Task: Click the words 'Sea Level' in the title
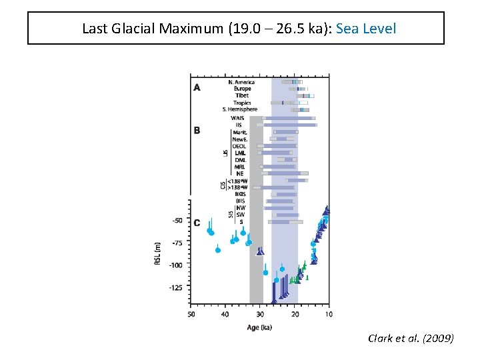366,29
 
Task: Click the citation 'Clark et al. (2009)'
410,339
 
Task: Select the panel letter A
197,87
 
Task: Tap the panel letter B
197,131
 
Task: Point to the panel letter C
197,223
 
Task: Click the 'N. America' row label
241,82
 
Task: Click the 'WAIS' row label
237,118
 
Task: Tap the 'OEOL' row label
239,146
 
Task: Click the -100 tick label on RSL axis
175,265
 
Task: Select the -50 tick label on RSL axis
177,220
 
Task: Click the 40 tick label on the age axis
225,314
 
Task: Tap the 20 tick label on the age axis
295,314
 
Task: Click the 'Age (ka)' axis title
259,327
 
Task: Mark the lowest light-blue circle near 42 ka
218,250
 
